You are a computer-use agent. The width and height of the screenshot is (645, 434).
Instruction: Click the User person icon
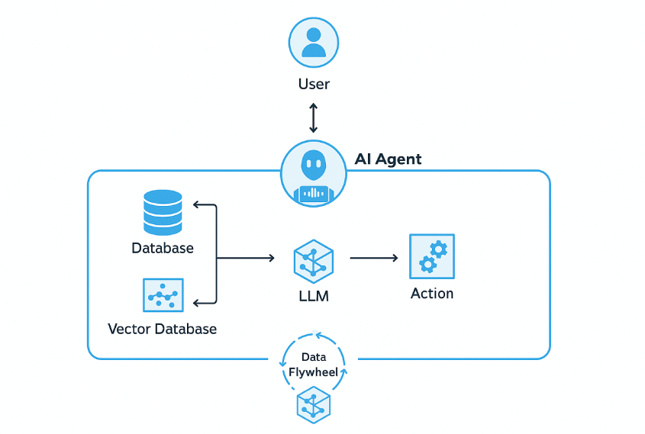point(314,42)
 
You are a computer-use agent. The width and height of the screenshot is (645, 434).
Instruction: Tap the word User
point(314,84)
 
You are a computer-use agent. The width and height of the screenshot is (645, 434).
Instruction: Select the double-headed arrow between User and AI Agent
point(313,117)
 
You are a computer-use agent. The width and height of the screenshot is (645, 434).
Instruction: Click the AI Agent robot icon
point(314,173)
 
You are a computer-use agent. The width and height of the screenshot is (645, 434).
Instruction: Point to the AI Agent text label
point(388,159)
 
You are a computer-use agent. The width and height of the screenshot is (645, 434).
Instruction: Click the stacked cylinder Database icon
point(163,212)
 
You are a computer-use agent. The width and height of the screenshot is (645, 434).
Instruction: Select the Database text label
point(163,248)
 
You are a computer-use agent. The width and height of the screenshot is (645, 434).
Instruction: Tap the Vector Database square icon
point(163,295)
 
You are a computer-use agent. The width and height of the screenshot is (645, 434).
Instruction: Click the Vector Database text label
point(163,330)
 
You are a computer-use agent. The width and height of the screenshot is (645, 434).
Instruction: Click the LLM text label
point(314,296)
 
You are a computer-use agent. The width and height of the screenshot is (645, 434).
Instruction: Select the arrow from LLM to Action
point(374,258)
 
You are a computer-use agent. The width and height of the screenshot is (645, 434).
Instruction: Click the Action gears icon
point(431,256)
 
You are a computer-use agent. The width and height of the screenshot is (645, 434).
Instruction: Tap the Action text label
point(432,294)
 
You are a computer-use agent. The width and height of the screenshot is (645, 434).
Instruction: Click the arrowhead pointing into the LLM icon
point(270,258)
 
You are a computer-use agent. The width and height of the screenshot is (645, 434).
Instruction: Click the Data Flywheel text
point(314,365)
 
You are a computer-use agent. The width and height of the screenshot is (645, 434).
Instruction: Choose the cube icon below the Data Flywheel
point(314,404)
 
